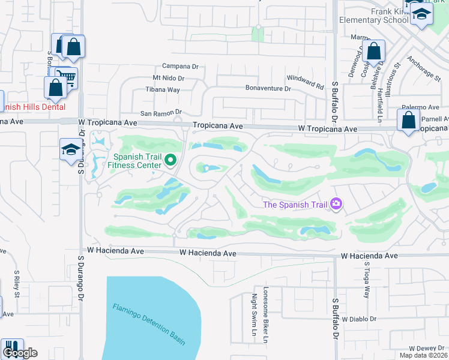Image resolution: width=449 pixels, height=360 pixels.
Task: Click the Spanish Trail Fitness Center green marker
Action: pyautogui.click(x=170, y=160)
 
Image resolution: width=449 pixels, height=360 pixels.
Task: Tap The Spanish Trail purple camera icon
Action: pyautogui.click(x=336, y=205)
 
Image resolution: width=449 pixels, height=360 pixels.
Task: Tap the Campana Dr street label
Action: pyautogui.click(x=180, y=67)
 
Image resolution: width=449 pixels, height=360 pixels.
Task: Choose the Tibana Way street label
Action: pyautogui.click(x=163, y=90)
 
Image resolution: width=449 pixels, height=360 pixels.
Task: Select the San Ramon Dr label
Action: pyautogui.click(x=161, y=112)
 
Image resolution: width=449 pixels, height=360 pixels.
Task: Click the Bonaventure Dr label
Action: pyautogui.click(x=268, y=88)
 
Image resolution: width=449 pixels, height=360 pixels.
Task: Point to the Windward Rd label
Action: pyautogui.click(x=305, y=78)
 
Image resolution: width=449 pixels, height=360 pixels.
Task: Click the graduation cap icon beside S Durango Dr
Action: pyautogui.click(x=70, y=149)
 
